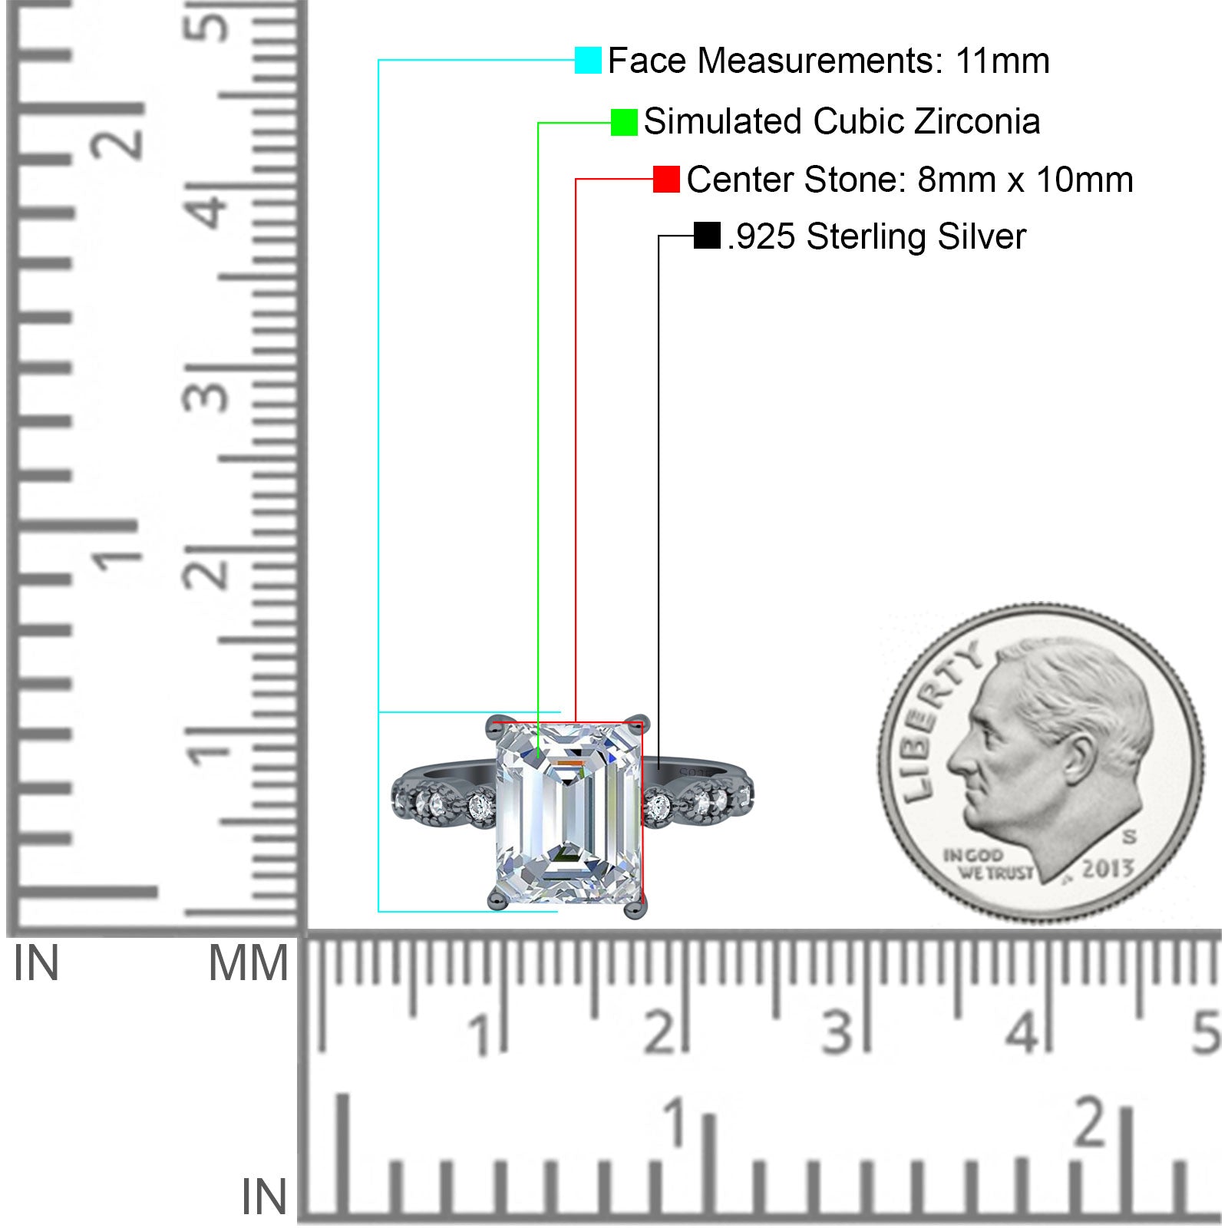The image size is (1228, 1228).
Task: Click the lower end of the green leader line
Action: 538,758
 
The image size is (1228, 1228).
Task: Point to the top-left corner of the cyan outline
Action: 378,60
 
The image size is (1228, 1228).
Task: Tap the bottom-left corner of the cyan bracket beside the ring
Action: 378,911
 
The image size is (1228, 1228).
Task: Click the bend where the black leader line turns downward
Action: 659,236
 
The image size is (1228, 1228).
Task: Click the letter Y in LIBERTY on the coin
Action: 969,657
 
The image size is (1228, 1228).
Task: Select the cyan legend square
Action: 588,60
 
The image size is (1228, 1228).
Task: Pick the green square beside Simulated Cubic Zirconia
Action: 624,122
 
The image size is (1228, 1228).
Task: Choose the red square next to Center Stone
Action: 666,179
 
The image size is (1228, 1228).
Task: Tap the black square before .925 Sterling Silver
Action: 707,236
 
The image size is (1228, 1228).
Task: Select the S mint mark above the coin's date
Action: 1129,835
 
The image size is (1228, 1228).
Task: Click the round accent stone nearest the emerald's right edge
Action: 659,807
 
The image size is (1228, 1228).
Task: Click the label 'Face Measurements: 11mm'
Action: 829,61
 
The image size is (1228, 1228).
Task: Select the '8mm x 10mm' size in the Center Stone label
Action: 1025,180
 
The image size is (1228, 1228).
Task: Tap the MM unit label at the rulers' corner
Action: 249,963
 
